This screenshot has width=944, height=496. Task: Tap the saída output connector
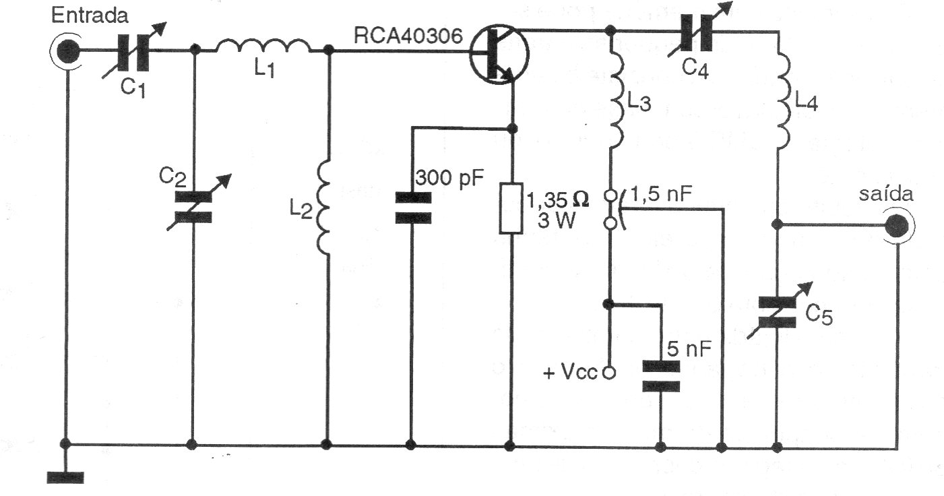[895, 226]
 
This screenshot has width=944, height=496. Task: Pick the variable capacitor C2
[193, 207]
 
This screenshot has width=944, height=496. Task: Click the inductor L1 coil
[263, 47]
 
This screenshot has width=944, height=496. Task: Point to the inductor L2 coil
[324, 208]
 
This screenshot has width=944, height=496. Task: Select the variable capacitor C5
[778, 311]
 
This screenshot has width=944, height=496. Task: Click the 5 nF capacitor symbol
[660, 377]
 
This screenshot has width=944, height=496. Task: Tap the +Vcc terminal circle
[608, 372]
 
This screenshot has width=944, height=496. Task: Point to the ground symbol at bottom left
[65, 476]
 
